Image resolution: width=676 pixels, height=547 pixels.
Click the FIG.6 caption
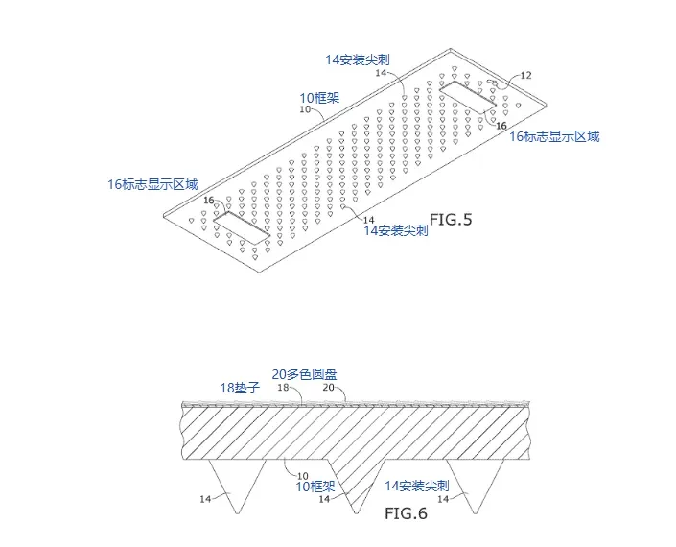click(x=406, y=512)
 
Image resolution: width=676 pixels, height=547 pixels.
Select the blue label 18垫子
click(x=241, y=387)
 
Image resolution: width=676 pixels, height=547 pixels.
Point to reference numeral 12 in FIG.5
click(x=525, y=75)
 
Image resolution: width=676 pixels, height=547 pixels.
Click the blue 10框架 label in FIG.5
click(x=321, y=98)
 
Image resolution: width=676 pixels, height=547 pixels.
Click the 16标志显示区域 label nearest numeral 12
click(x=553, y=137)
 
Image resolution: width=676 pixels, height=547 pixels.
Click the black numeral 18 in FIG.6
click(x=283, y=387)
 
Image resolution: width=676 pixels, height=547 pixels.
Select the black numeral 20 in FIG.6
click(x=327, y=387)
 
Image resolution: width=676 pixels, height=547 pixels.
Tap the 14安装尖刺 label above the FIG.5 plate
click(x=362, y=59)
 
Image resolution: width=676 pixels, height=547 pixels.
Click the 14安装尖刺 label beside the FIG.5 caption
click(x=395, y=231)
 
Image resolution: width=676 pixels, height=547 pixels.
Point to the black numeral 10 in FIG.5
click(x=305, y=110)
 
